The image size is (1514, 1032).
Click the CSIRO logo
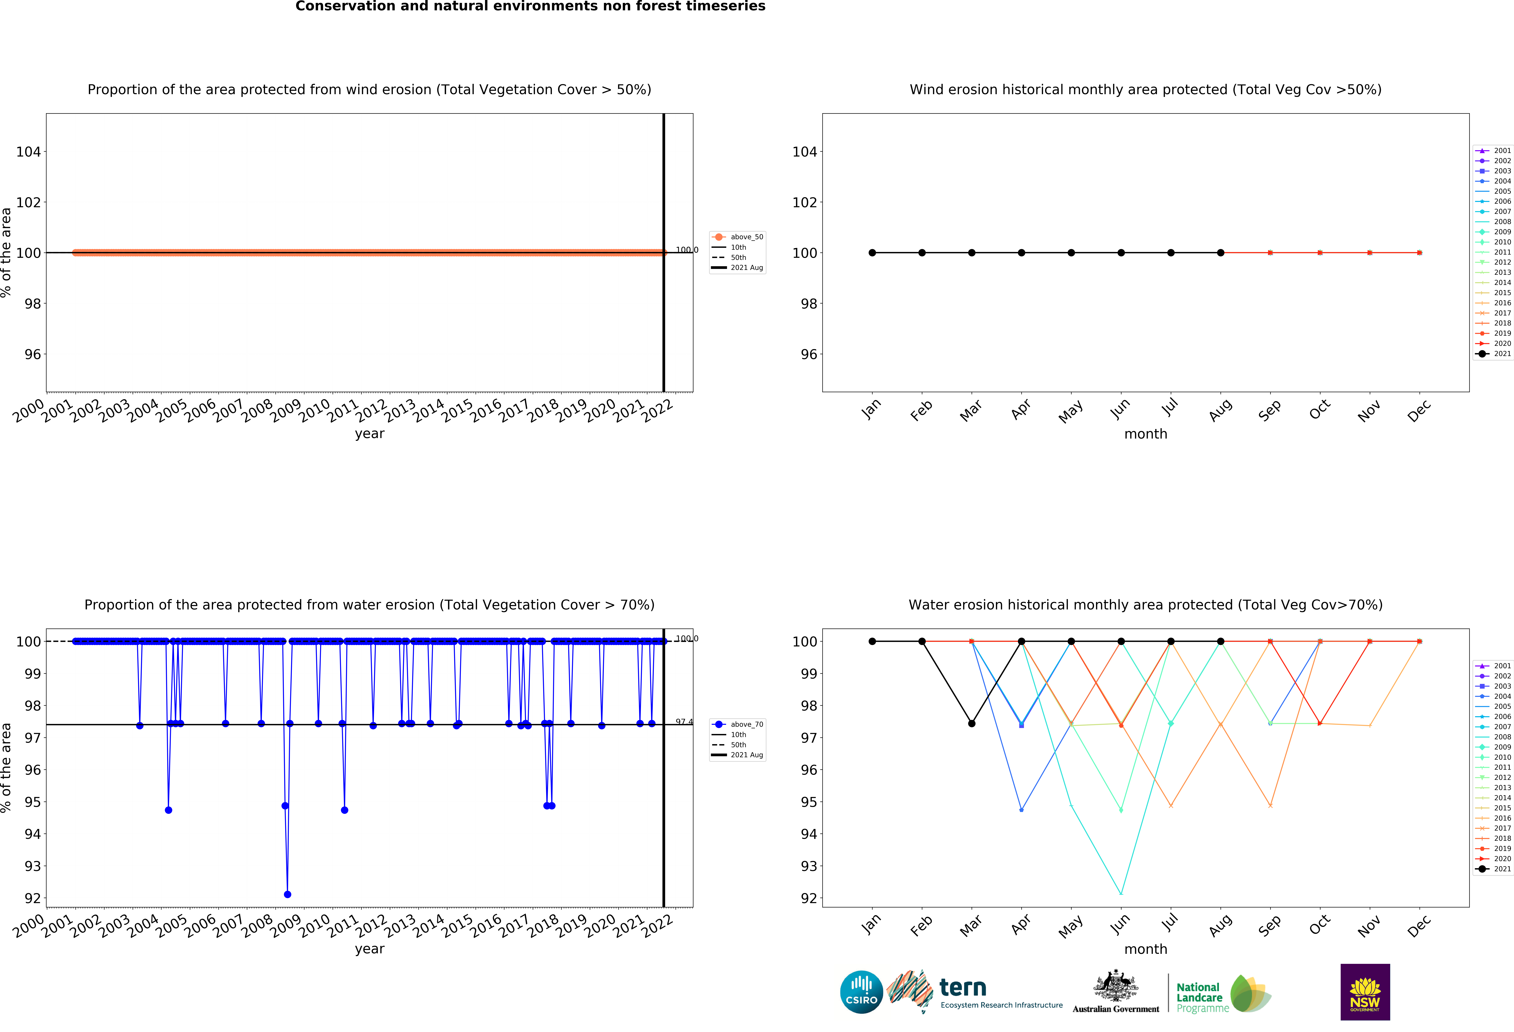[861, 992]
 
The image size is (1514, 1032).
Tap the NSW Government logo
[1365, 992]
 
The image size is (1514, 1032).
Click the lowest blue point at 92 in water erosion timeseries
[287, 895]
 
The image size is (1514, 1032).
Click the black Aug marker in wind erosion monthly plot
[1220, 253]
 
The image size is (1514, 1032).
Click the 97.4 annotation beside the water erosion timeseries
[684, 722]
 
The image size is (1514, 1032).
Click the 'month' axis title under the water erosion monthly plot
[1145, 949]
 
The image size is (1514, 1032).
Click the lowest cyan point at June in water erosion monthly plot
[1121, 893]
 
